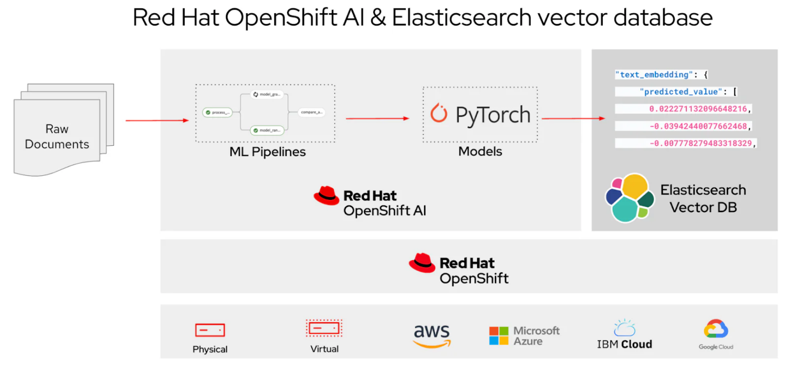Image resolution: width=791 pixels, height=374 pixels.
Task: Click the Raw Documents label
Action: pos(57,136)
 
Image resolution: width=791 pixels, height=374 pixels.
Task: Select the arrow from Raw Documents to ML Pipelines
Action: pos(156,120)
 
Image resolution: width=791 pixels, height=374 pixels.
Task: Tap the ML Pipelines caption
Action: pos(267,152)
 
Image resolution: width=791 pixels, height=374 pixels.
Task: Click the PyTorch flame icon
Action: pos(439,113)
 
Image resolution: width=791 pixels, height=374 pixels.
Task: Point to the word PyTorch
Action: pos(493,115)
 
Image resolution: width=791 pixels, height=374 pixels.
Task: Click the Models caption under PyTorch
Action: pos(480,151)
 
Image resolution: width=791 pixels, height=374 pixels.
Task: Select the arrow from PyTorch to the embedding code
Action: pos(573,118)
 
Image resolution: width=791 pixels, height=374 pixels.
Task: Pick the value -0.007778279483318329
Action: pos(700,143)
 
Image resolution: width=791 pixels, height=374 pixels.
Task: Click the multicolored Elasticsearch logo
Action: pos(629,198)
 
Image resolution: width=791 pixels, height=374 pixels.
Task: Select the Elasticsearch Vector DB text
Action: pos(703,198)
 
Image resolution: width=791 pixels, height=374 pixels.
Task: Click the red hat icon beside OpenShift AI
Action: pos(326,196)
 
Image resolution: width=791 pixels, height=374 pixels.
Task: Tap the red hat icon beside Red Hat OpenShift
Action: pos(422,263)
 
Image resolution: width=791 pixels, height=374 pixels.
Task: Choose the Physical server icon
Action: pos(210,330)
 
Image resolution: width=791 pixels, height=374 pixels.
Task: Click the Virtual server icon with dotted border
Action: pos(324,328)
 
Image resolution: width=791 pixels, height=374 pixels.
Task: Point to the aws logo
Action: pos(432,335)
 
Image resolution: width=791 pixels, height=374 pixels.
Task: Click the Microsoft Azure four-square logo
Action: pos(499,336)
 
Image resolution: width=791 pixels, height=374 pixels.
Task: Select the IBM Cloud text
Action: pos(624,344)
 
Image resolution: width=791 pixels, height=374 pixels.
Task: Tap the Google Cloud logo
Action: pos(715,329)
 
